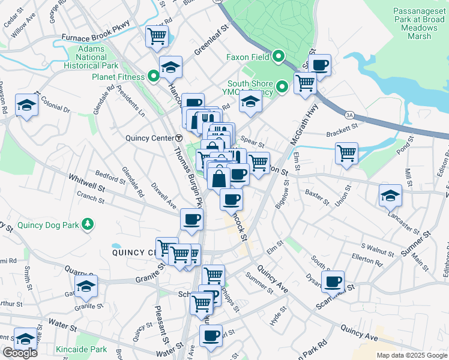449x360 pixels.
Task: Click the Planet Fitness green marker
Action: (154, 77)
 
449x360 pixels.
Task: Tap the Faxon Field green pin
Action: (278, 58)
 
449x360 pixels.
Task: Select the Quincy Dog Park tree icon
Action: (88, 224)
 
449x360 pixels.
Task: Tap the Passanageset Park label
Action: (420, 23)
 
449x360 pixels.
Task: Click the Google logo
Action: (20, 353)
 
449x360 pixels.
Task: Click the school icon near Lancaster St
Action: (390, 194)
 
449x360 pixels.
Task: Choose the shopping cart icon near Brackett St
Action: (346, 152)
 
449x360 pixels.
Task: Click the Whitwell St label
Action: (86, 179)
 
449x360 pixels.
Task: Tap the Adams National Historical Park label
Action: (91, 56)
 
